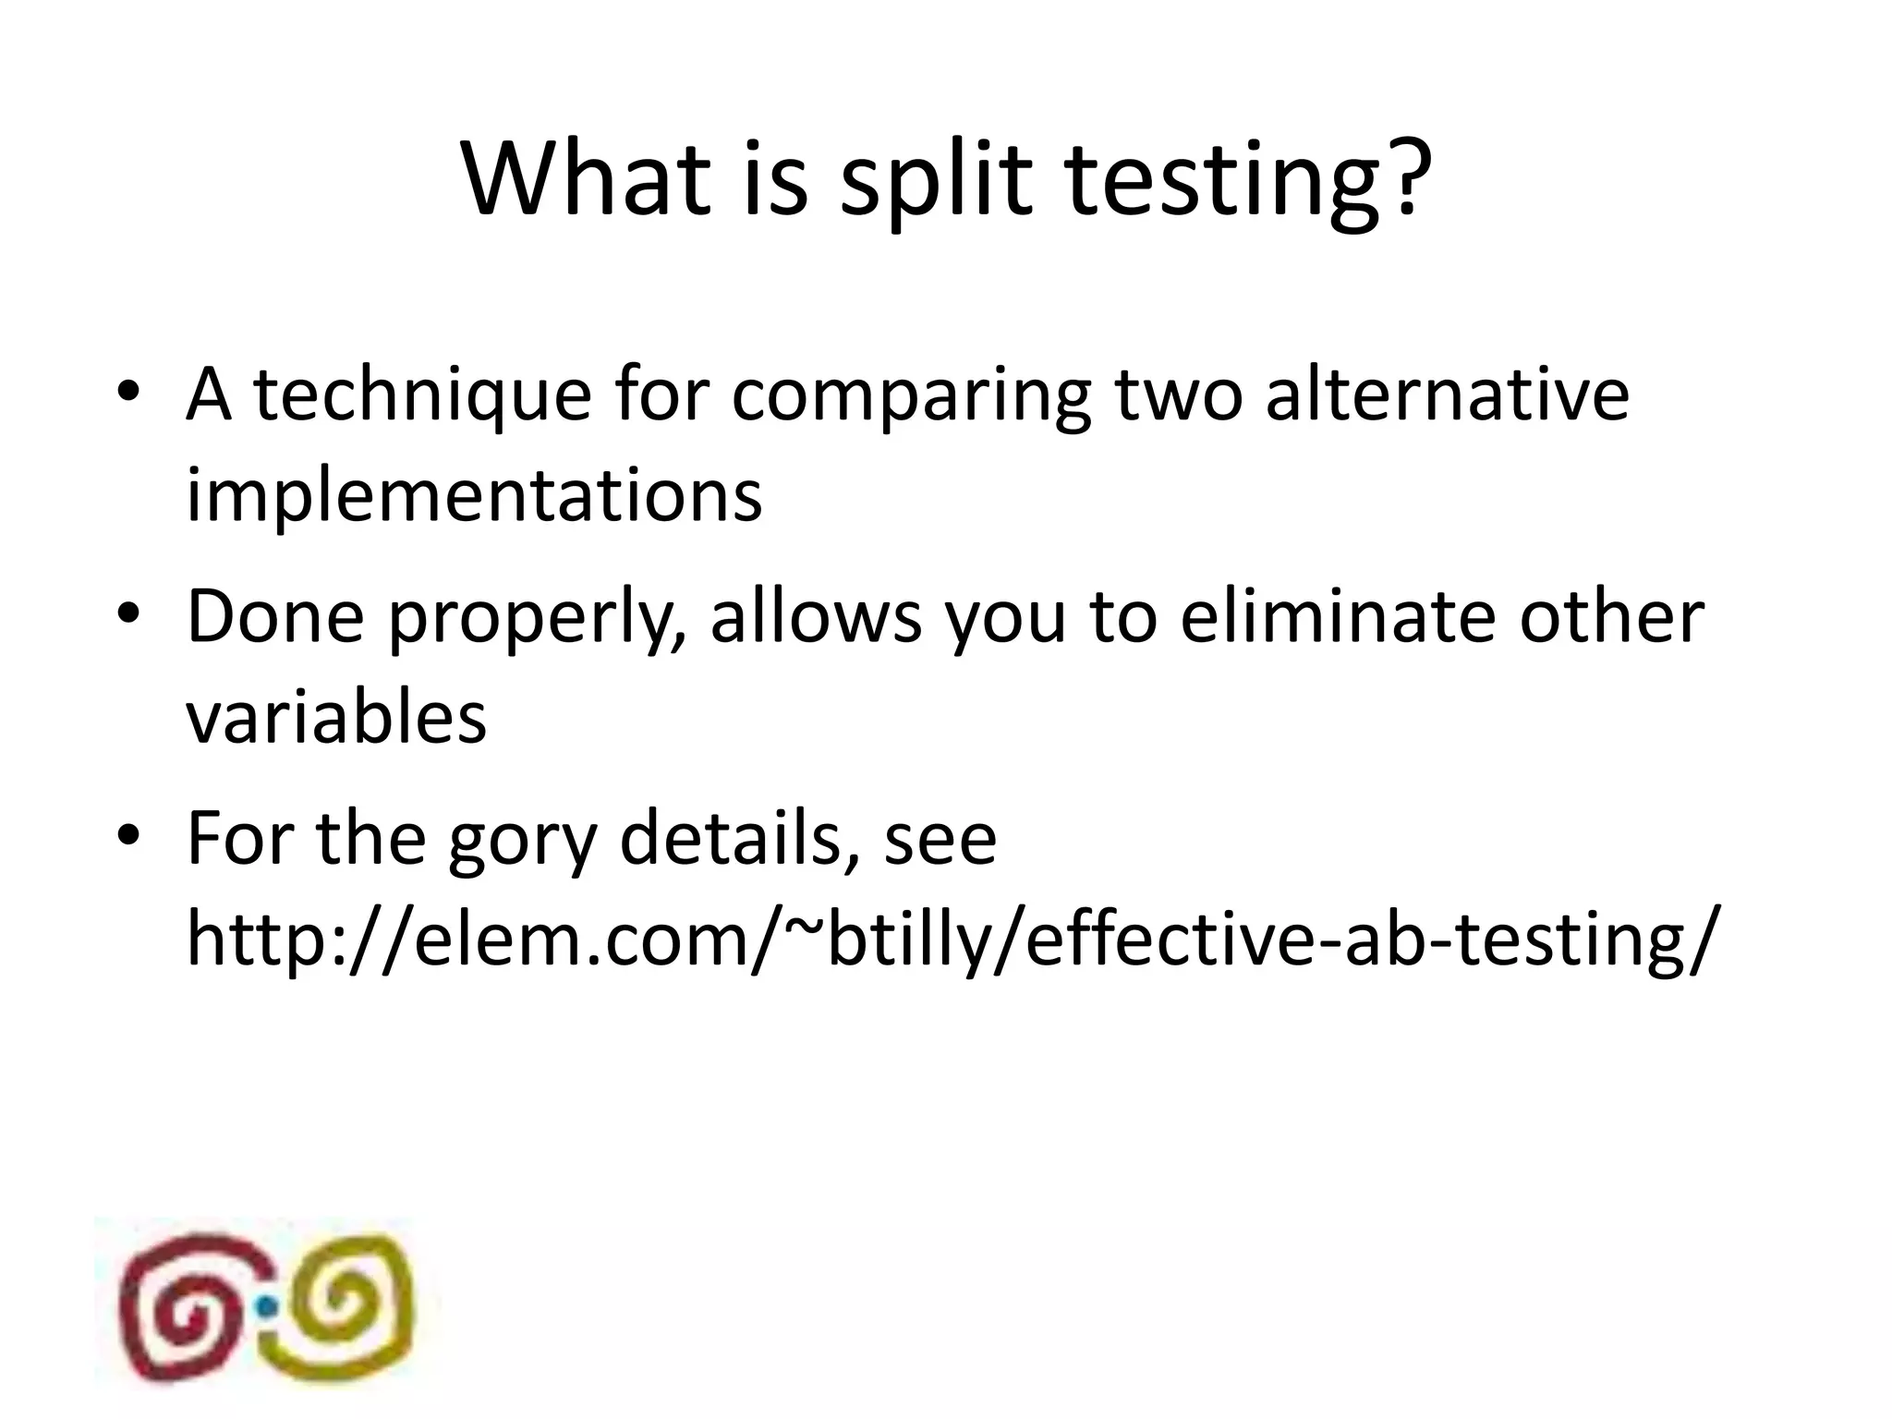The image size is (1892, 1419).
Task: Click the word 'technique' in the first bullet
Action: click(x=421, y=396)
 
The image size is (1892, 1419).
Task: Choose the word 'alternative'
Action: click(x=1447, y=394)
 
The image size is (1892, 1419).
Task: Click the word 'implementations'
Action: click(x=474, y=496)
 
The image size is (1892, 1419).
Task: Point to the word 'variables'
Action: click(x=336, y=718)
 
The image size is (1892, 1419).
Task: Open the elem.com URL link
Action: click(x=952, y=940)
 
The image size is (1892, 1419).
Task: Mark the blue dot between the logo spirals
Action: click(x=267, y=1305)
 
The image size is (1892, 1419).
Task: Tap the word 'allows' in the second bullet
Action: click(x=816, y=616)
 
